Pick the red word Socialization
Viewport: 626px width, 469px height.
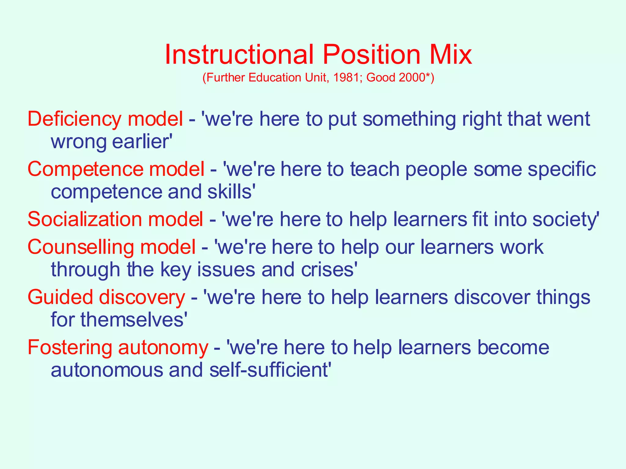84,219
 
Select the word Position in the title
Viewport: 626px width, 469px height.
371,55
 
